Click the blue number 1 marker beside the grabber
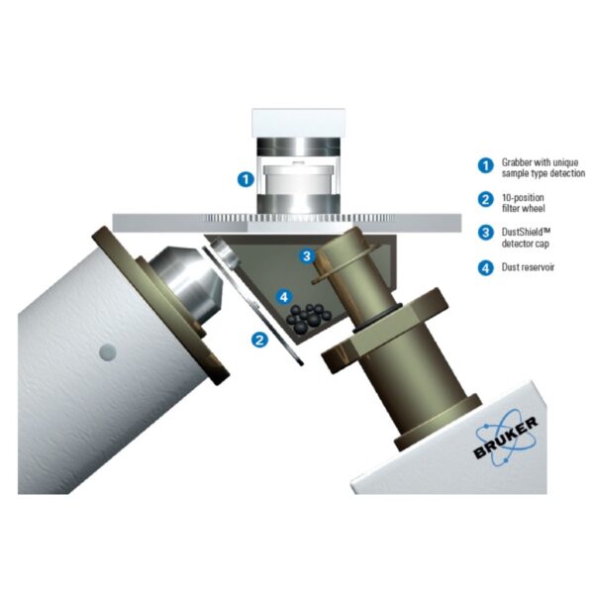tap(246, 179)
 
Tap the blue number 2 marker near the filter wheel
tap(259, 340)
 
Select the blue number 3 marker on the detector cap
tap(307, 256)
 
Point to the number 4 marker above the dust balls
tap(284, 297)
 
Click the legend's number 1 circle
tap(485, 165)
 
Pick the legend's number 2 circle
tap(485, 200)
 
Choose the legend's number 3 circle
tap(485, 233)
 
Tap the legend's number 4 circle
tap(485, 268)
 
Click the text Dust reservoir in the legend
tap(528, 267)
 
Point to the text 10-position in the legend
tap(523, 198)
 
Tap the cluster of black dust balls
tap(308, 318)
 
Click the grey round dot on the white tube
tap(108, 352)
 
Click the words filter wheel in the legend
tap(523, 208)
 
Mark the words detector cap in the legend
tap(525, 244)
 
